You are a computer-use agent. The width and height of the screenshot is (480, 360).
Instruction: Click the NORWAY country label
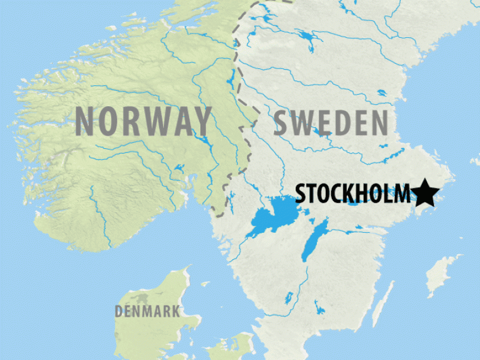[143, 121]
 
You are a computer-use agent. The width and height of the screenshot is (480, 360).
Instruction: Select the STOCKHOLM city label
[353, 194]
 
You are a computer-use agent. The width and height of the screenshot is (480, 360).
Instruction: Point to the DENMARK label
[147, 311]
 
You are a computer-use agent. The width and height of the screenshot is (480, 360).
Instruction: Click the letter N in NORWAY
[86, 121]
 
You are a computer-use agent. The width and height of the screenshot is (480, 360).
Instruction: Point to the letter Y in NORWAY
[201, 121]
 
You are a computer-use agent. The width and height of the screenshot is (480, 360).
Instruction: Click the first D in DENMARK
[119, 311]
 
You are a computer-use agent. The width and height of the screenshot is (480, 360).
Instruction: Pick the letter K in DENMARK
[175, 311]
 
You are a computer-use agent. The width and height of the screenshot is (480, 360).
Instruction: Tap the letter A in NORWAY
[179, 121]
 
